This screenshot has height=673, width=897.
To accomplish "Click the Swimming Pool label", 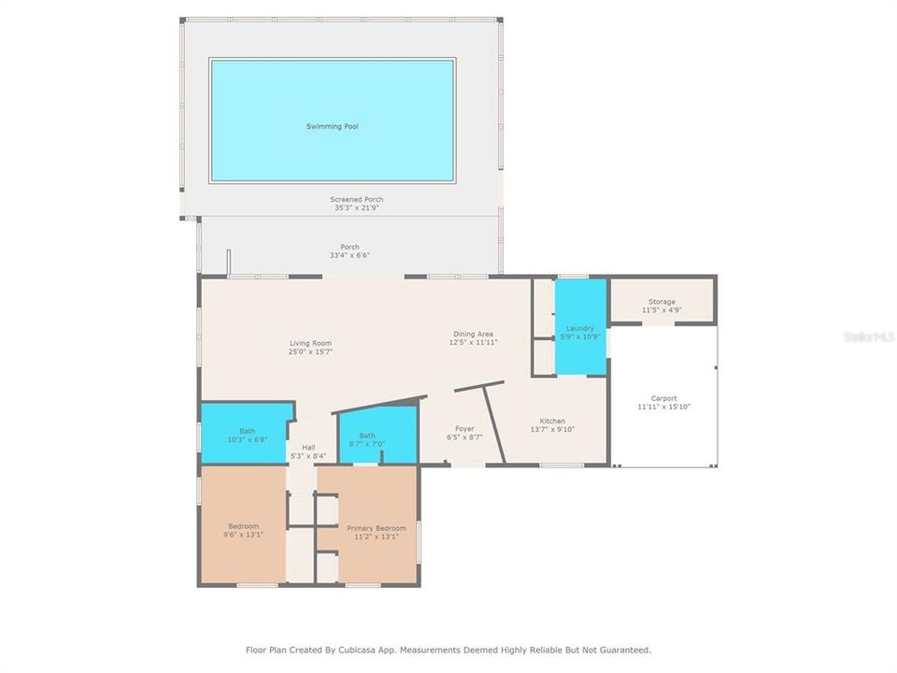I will coord(332,126).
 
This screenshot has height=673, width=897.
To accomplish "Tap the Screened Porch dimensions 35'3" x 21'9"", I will coord(356,208).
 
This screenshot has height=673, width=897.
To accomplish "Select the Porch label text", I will coord(349,247).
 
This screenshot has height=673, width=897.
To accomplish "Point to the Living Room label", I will coord(310,343).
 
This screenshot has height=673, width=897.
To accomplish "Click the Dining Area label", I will coord(473,334).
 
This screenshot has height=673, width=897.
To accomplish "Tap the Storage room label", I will coord(662,302).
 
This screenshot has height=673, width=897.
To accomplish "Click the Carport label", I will coord(663,398).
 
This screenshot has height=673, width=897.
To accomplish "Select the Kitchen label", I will coord(552,421).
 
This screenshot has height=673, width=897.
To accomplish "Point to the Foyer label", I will coord(464,428).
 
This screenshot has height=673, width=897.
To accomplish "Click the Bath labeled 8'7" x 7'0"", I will coord(367,436).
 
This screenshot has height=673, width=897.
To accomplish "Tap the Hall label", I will coord(308,447).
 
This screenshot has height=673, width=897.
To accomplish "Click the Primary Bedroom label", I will coord(377,528).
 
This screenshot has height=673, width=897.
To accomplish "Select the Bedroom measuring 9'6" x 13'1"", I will coord(243,531).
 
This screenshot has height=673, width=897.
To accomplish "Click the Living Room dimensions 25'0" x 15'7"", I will coord(310,351).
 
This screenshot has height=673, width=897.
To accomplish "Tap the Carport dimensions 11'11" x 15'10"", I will coord(663,407).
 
